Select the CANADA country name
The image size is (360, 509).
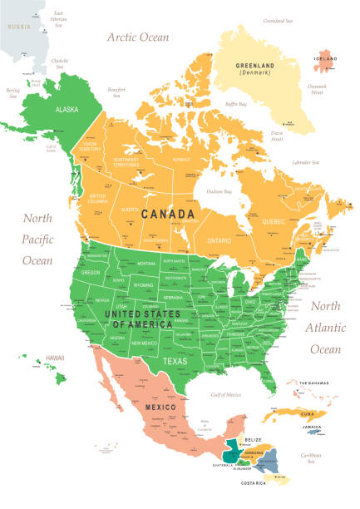pyautogui.click(x=168, y=215)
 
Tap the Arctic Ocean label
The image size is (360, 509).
pyautogui.click(x=137, y=37)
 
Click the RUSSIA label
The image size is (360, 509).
pyautogui.click(x=18, y=27)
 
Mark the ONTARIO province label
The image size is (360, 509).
pyautogui.click(x=219, y=240)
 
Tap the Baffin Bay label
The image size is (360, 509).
pyautogui.click(x=235, y=104)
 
